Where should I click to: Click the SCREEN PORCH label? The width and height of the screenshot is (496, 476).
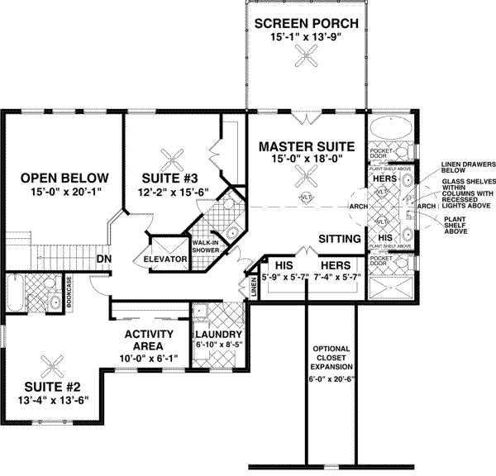pos(305,21)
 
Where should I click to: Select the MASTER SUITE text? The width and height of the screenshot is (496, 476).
pos(306,146)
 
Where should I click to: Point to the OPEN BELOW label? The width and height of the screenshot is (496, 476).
pos(64,178)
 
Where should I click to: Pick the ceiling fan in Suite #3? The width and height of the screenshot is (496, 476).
pos(174,156)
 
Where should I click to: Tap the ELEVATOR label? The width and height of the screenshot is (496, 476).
pos(168,259)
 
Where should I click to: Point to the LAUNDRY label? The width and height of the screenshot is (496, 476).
pos(217,334)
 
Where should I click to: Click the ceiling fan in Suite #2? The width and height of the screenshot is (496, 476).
pos(56,361)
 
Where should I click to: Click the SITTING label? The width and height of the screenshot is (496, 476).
pos(340,239)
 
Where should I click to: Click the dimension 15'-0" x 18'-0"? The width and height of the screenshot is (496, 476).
pos(306,160)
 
